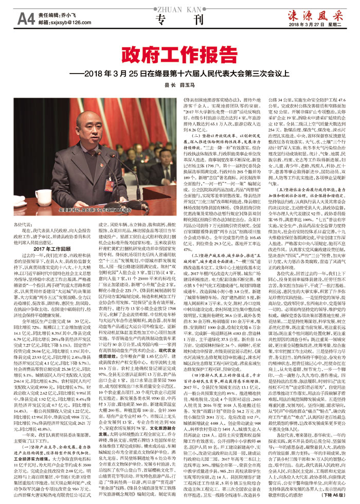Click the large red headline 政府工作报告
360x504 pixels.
[179, 56]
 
